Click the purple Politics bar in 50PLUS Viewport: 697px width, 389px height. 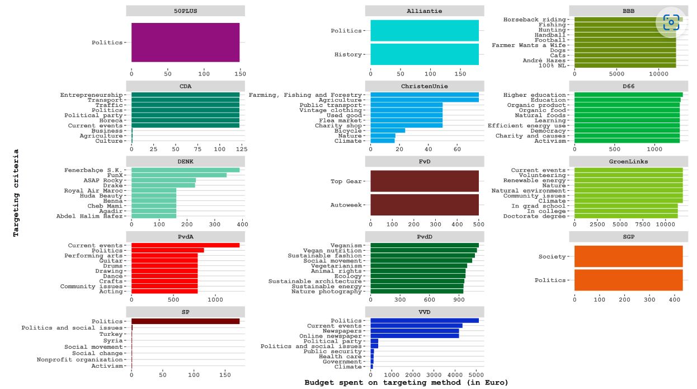coord(185,43)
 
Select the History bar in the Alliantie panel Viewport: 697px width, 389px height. coord(424,54)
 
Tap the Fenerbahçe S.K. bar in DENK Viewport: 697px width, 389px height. coord(185,170)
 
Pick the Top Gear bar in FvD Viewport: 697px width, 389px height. coord(424,181)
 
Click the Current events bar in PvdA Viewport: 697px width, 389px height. coord(185,245)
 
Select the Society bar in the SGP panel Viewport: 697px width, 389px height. coord(628,257)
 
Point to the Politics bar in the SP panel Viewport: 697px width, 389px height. coord(185,321)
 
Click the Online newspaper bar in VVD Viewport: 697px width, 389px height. coord(415,336)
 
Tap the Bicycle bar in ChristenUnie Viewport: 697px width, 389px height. coord(388,130)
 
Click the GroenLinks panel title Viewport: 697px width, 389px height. coord(628,162)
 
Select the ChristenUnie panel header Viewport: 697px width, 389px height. coord(424,86)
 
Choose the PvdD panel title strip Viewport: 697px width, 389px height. coord(424,237)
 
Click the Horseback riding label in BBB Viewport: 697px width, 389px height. coord(534,20)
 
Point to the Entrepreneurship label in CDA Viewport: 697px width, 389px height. coord(91,95)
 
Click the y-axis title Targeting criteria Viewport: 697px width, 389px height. coord(16,193)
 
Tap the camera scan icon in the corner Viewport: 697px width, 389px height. coord(671,22)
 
